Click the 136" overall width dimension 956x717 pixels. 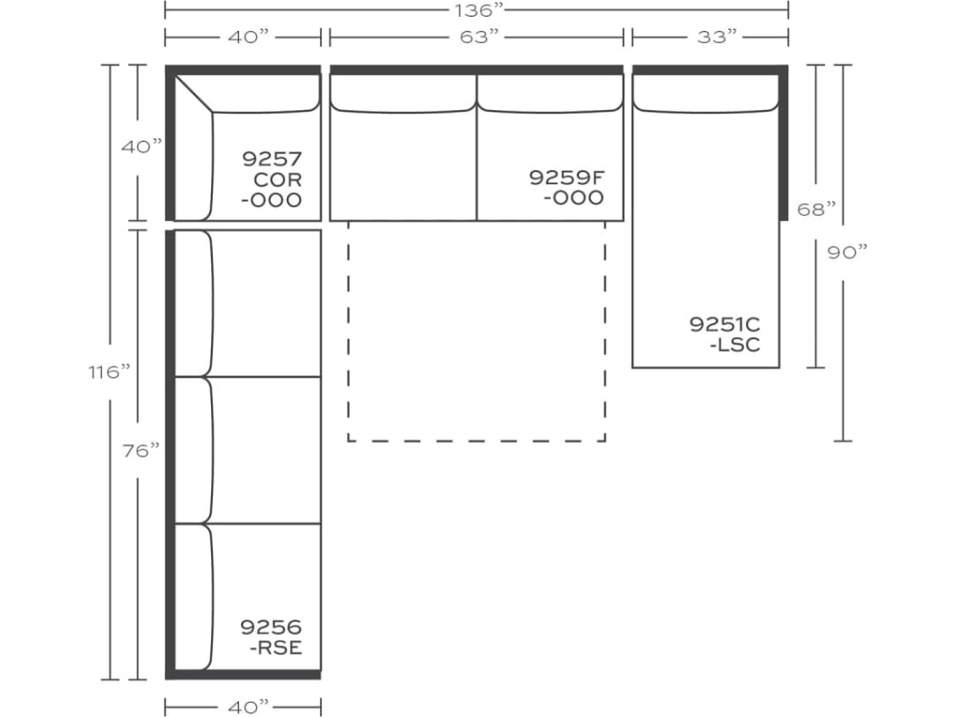[475, 11]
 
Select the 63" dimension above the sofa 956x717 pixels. [476, 37]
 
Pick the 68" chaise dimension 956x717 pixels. [817, 209]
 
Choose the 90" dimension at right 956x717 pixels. [848, 252]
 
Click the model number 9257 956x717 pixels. [272, 158]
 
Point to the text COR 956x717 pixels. [277, 178]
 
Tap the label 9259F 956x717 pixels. [566, 177]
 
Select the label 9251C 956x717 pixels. [724, 324]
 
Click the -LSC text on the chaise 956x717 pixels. [735, 344]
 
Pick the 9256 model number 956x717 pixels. [271, 627]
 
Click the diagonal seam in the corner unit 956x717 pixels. [195, 94]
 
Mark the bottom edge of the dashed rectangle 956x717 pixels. [476, 440]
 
